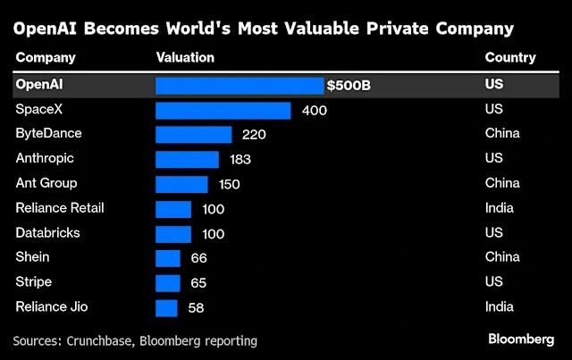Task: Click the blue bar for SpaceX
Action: point(223,110)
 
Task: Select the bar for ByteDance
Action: point(193,135)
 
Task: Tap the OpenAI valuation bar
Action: point(240,86)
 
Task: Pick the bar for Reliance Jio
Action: point(166,307)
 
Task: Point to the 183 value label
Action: point(240,159)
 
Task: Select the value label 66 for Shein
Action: point(198,258)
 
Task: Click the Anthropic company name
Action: point(46,159)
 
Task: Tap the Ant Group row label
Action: point(46,184)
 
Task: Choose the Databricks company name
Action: point(47,233)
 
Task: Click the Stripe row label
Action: point(34,282)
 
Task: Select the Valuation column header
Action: point(185,58)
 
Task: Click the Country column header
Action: point(510,58)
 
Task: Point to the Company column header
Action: point(46,58)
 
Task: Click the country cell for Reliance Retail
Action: point(499,208)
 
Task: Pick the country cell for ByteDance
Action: point(502,135)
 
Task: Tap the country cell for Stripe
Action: point(493,282)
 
